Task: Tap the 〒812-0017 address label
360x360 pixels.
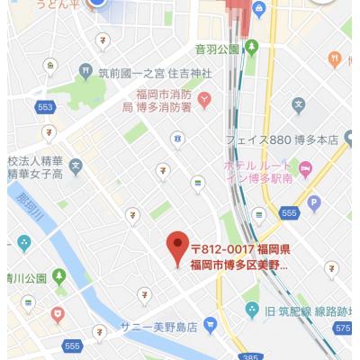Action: click(x=239, y=256)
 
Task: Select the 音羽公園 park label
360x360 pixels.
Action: click(x=216, y=48)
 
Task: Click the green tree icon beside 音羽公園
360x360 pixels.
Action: click(x=253, y=47)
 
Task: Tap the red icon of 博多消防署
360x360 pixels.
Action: click(x=204, y=99)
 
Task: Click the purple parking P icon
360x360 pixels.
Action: click(x=313, y=202)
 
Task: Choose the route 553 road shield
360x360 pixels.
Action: click(x=46, y=107)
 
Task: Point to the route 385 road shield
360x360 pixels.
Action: click(x=249, y=355)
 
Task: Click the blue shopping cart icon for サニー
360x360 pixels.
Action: click(x=211, y=325)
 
